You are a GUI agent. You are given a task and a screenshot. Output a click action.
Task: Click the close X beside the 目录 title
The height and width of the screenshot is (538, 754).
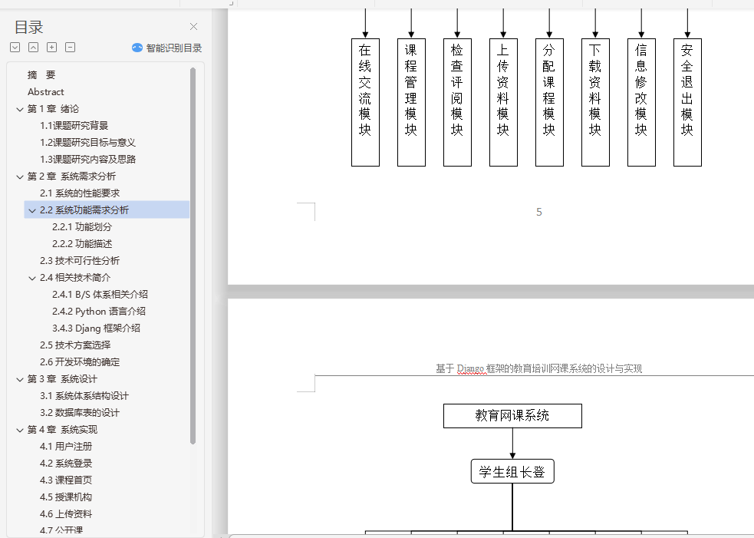point(193,27)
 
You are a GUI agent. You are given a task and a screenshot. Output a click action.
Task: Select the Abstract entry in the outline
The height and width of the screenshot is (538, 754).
point(46,92)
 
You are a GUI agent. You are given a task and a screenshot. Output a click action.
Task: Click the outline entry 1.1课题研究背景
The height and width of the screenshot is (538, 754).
point(74,126)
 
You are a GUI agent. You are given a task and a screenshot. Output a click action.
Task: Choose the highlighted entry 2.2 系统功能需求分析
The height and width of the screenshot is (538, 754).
point(84,210)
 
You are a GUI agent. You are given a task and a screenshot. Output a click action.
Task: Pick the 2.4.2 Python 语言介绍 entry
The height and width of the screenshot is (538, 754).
point(99,312)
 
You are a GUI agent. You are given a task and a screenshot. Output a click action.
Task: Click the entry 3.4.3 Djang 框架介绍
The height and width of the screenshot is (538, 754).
point(96,328)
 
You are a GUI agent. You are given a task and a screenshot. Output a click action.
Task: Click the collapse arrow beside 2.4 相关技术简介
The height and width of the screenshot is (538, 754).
point(32,278)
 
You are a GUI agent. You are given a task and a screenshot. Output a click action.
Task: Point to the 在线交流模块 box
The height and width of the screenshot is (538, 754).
point(365,102)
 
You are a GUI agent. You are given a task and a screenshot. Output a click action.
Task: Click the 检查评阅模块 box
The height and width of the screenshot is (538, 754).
point(457,102)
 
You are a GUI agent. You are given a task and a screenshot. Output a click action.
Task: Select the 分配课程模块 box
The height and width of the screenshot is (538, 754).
point(549,102)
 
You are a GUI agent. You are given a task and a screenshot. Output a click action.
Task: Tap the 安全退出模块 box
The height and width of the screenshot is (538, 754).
point(687,102)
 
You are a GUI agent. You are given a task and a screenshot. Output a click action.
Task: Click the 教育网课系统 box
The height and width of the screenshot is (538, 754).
point(512,416)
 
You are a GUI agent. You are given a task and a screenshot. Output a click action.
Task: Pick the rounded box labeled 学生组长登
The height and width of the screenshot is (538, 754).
point(512,472)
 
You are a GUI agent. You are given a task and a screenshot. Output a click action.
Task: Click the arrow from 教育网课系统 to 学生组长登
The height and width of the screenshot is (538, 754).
point(512,444)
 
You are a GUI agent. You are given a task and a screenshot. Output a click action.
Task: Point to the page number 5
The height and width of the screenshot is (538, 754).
point(539,212)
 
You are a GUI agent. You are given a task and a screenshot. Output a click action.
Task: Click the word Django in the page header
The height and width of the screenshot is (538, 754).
point(471,369)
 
